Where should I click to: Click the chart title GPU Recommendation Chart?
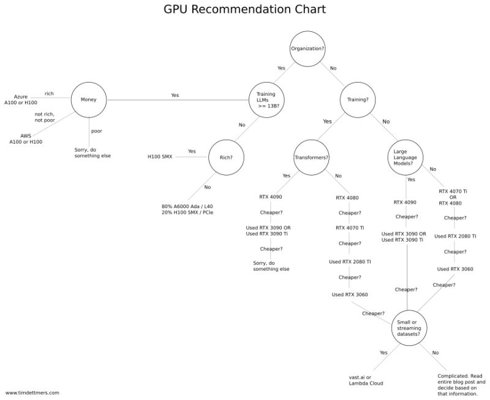click(x=245, y=10)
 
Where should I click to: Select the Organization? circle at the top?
click(x=307, y=48)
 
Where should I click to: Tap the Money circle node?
click(x=89, y=99)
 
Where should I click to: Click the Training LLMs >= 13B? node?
click(x=266, y=99)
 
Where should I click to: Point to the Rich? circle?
click(x=226, y=156)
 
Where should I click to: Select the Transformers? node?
click(x=312, y=157)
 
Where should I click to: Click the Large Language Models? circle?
click(x=405, y=157)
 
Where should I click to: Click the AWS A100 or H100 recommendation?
click(x=26, y=139)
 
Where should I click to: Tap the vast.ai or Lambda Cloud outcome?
click(x=366, y=380)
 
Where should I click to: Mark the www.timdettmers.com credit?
click(x=32, y=393)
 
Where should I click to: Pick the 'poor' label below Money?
click(x=97, y=131)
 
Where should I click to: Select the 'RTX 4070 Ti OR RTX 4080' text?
click(x=453, y=197)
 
